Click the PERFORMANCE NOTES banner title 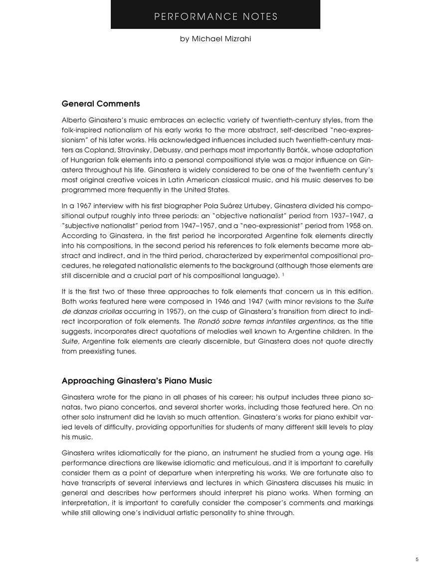(215, 16)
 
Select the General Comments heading (101, 104)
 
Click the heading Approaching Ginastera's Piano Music (137, 381)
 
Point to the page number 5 (417, 560)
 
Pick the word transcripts (97, 482)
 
